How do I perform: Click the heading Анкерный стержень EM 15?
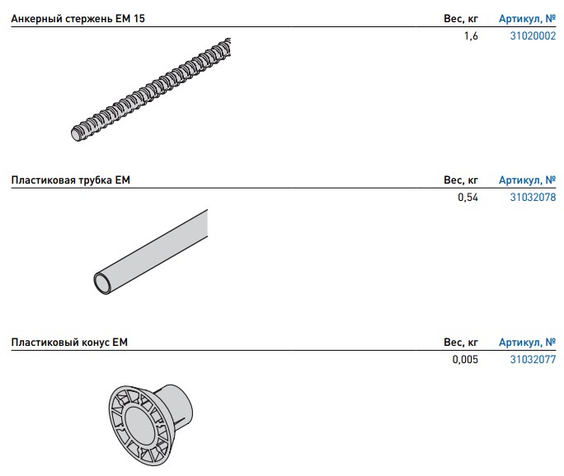tap(78, 18)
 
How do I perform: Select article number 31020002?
tap(533, 36)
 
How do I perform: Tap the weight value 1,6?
tap(471, 36)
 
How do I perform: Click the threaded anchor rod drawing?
tap(151, 90)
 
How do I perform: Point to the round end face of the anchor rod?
tap(76, 134)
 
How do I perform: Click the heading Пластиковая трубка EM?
tap(71, 180)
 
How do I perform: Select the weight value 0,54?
tap(468, 197)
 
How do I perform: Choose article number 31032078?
tap(533, 197)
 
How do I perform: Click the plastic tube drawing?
tap(150, 252)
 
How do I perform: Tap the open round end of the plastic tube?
tap(103, 283)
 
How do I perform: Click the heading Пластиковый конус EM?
tap(69, 342)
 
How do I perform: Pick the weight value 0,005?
tap(465, 359)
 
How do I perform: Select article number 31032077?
tap(533, 359)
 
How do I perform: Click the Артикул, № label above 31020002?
tap(527, 18)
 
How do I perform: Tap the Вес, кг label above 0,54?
tap(461, 180)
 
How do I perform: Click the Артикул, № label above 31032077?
tap(527, 342)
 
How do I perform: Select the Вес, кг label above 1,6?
tap(461, 19)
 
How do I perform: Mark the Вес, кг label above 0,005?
tap(461, 342)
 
